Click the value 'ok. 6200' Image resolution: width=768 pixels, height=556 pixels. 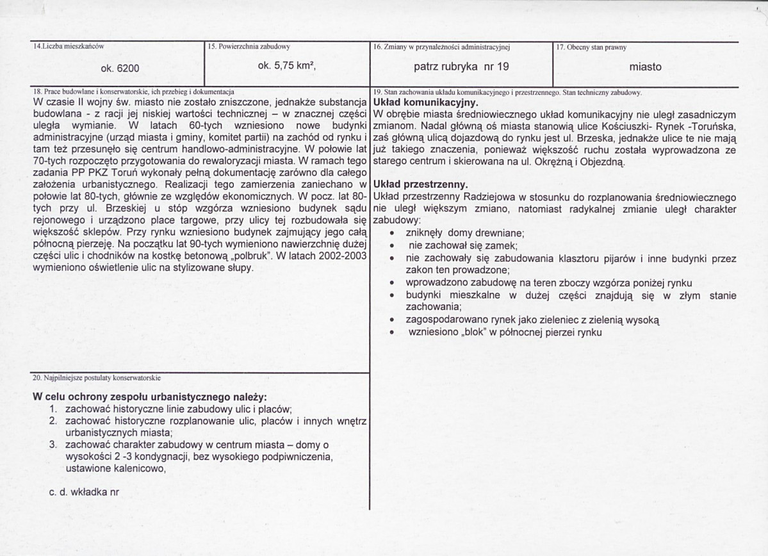(x=120, y=67)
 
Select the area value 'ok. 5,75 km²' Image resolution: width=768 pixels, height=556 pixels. (x=287, y=66)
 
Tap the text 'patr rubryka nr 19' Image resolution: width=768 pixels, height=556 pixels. (x=461, y=66)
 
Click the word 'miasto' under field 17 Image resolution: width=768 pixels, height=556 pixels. (x=646, y=67)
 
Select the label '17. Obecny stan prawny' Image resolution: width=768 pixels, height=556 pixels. (x=592, y=47)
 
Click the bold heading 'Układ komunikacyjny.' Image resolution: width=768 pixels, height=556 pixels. (x=423, y=102)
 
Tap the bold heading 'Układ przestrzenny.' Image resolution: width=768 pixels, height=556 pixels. (x=420, y=187)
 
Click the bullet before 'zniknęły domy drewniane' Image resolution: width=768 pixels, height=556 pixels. (x=391, y=234)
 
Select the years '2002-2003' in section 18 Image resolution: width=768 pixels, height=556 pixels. (x=343, y=256)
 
